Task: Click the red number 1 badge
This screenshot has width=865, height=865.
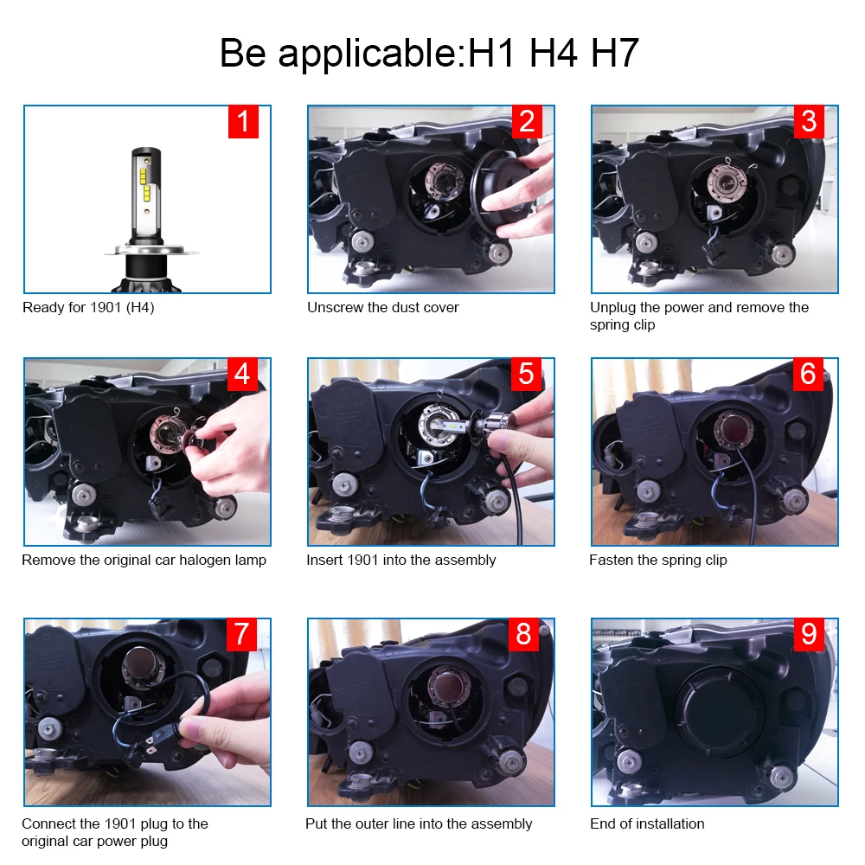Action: point(243,121)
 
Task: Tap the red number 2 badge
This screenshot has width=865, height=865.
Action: point(527,121)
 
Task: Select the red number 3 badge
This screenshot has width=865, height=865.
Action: point(810,121)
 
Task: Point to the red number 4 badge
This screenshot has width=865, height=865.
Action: point(243,374)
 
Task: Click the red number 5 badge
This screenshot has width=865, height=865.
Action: point(527,374)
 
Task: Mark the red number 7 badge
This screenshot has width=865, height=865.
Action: point(241,634)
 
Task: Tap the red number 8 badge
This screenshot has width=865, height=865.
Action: point(524,634)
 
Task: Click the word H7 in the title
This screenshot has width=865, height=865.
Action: point(614,53)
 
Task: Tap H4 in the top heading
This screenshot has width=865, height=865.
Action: point(554,53)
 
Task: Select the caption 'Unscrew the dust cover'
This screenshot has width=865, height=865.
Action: point(383,308)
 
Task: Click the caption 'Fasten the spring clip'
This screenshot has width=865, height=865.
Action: point(658,561)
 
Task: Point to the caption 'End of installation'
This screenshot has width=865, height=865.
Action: point(647,824)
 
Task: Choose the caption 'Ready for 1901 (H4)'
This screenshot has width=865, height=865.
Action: point(88,308)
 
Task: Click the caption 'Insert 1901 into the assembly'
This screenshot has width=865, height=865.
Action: point(401,561)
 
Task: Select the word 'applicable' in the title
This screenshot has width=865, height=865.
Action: point(367,54)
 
